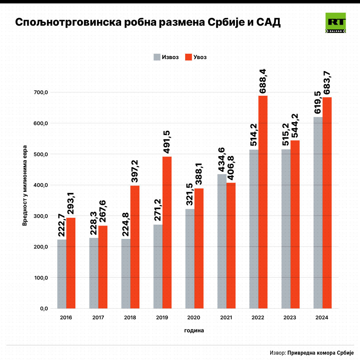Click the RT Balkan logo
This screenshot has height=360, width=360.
[336, 23]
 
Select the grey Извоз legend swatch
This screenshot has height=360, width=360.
[157, 57]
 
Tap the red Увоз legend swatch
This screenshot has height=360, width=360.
[189, 57]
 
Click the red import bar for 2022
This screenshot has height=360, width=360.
[263, 202]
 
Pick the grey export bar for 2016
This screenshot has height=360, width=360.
[62, 274]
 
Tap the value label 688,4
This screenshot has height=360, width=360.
[263, 81]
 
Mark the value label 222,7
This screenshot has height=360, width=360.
[61, 226]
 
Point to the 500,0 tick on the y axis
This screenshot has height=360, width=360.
[42, 154]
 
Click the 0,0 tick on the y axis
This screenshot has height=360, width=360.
[44, 309]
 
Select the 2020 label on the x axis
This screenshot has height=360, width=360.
[194, 318]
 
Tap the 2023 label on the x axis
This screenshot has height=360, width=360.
[290, 318]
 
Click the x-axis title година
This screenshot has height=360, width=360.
[194, 331]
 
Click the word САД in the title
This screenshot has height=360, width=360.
[268, 23]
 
